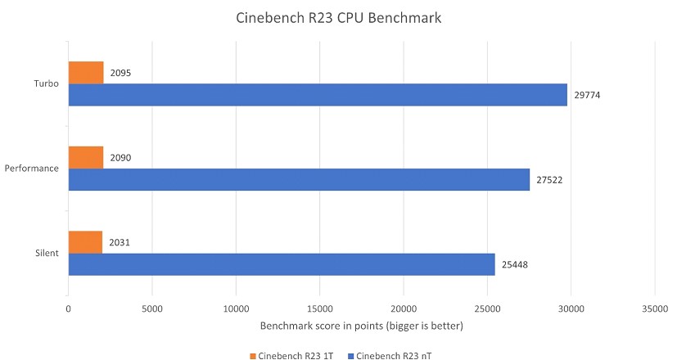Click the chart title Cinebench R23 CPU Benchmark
337,19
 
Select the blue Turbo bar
318,95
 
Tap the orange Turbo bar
86,73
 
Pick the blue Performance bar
299,179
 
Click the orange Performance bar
86,157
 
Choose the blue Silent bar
282,264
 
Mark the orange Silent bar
85,242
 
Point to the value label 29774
588,95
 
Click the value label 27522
550,179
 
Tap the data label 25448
516,264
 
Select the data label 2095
120,73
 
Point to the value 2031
120,242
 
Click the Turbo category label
45,83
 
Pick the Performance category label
32,169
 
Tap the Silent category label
46,253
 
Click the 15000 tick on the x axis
319,309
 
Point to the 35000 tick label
654,309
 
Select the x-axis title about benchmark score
361,326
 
